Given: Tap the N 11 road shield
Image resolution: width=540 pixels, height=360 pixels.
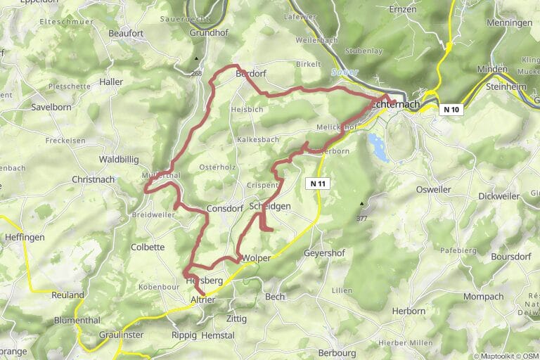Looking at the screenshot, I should point(319,184).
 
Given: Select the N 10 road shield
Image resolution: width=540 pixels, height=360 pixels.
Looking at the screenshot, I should point(452,109).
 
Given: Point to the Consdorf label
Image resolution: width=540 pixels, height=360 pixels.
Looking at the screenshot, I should point(225,210).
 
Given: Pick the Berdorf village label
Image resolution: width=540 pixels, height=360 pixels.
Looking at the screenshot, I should point(252,74).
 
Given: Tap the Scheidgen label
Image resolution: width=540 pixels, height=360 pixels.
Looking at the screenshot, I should point(270,206).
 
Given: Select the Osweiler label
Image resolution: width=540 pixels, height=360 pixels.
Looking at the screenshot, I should point(435,188).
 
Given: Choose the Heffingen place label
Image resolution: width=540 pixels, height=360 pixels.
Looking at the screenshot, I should point(25,238).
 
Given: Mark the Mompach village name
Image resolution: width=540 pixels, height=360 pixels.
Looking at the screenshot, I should point(484,297).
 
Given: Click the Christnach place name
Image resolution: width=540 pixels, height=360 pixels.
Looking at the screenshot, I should point(93,180).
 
